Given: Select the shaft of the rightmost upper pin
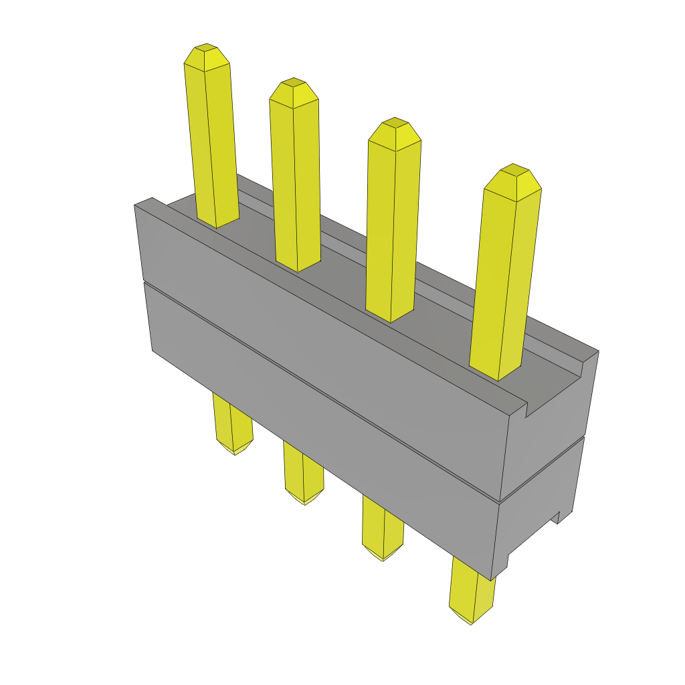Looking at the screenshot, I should pos(505,281).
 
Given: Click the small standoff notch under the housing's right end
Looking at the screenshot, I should pos(555,518).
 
